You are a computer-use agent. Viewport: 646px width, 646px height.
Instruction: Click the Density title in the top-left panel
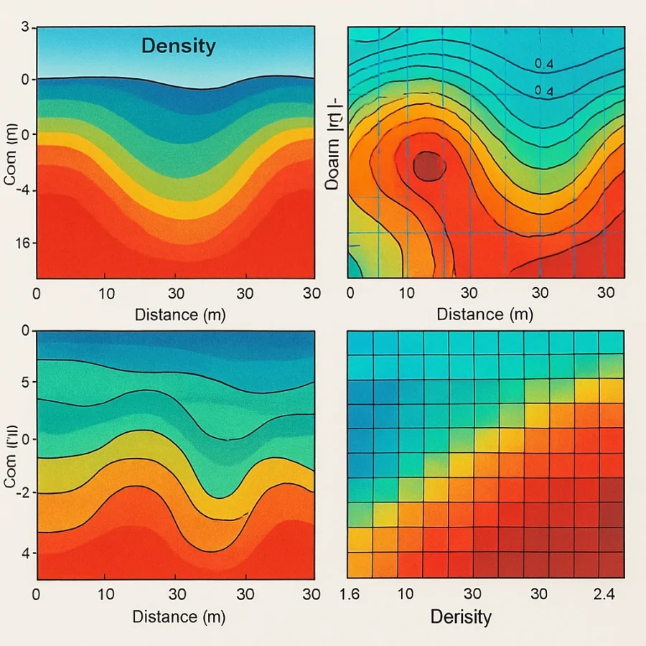coord(178,47)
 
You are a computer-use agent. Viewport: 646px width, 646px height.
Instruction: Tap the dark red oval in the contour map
coord(430,165)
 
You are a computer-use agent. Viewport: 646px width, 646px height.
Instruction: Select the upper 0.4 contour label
coord(544,64)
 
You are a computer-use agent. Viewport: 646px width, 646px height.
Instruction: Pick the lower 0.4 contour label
coord(544,90)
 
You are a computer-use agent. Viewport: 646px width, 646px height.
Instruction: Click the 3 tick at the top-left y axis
coord(25,27)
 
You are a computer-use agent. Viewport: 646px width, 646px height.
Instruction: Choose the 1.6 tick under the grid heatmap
coord(349,594)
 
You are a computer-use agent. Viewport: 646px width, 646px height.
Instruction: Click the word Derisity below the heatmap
coord(460,616)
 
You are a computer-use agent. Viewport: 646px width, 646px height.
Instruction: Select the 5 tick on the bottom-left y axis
coord(25,383)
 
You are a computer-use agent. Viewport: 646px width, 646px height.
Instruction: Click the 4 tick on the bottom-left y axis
coord(24,553)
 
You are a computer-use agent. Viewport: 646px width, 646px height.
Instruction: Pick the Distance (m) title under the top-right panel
coord(484,314)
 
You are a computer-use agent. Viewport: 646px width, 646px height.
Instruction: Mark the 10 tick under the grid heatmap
coord(405,594)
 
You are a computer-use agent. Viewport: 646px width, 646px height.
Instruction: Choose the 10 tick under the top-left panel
coord(105,293)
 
